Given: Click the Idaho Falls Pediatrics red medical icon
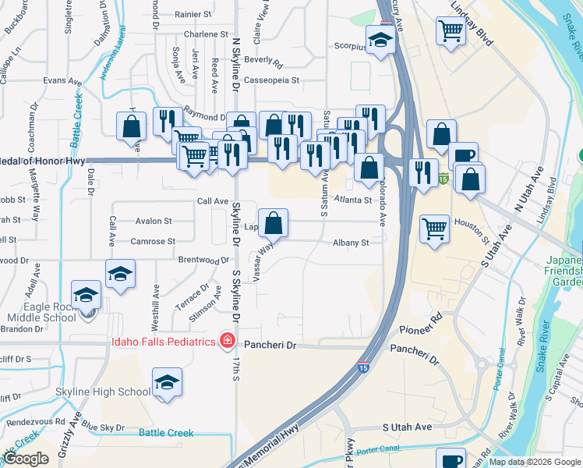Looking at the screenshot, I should [227, 341].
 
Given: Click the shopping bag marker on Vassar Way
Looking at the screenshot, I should [273, 224].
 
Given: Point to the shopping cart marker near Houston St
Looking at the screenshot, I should [435, 229].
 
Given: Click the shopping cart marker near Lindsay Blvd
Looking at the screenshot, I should [452, 32].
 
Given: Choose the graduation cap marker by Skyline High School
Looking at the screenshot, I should [165, 383].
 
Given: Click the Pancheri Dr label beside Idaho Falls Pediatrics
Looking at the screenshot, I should [270, 344].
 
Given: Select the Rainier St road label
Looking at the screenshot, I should [193, 14].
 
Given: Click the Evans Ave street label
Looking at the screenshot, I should [62, 80].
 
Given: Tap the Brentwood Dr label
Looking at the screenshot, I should [203, 260].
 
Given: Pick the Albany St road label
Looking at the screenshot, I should [351, 243].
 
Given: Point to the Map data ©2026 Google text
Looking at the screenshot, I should [534, 462].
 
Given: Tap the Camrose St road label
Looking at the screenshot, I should [153, 241].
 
